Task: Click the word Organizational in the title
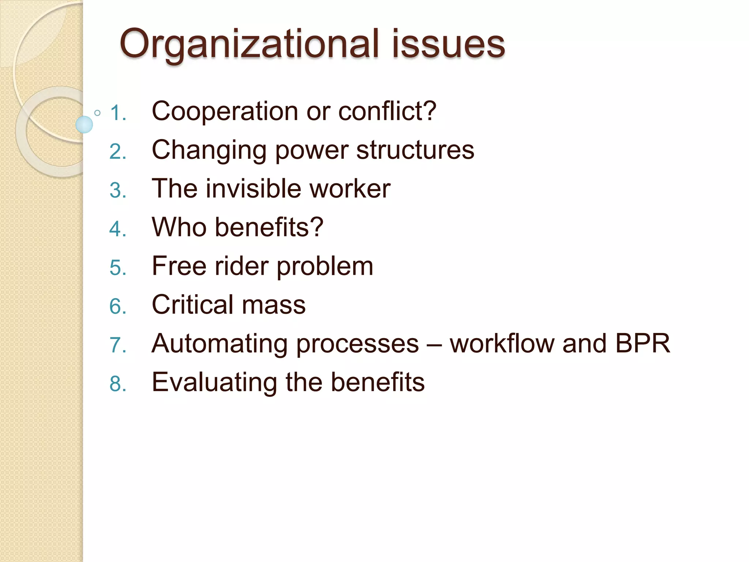pos(249,45)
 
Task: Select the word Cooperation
pos(225,111)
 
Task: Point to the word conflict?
pos(387,111)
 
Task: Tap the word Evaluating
pos(214,383)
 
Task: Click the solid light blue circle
pos(84,124)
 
